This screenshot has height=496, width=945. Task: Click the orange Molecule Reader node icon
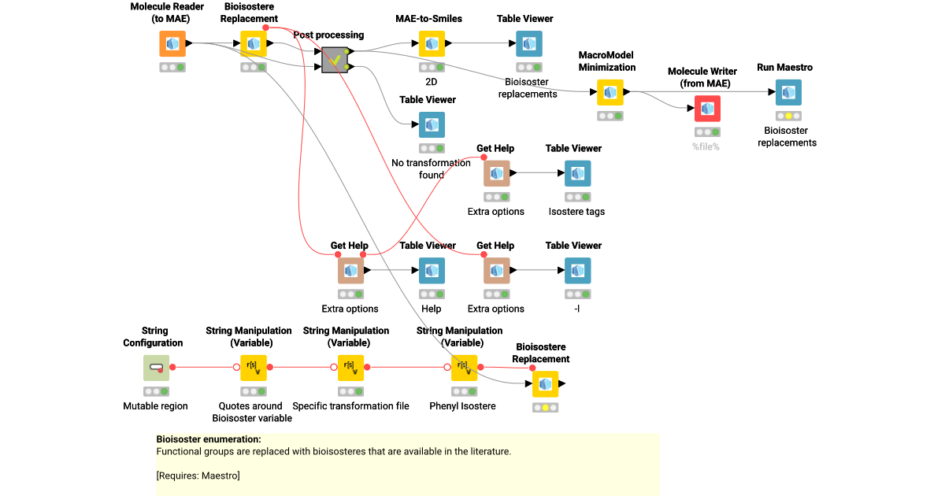(x=172, y=44)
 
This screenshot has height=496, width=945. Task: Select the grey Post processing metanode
(x=335, y=59)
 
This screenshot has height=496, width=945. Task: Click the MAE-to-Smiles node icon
(x=432, y=44)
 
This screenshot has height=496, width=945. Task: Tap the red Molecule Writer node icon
(x=707, y=109)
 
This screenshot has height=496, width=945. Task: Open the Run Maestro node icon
(x=788, y=93)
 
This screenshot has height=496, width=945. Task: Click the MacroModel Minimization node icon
(x=610, y=93)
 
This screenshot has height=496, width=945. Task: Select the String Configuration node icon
(x=156, y=368)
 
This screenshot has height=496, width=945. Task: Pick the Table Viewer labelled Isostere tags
(x=577, y=174)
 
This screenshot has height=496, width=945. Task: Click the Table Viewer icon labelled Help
(x=432, y=271)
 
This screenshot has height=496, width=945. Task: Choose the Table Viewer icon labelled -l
(x=577, y=271)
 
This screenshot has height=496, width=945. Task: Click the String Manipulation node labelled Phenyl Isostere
(x=464, y=368)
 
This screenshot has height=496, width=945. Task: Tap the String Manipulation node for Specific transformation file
(x=350, y=368)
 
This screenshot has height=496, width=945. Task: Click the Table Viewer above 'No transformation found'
(x=432, y=125)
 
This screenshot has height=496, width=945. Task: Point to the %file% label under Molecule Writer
(x=707, y=146)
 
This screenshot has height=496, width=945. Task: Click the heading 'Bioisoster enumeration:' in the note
(x=209, y=439)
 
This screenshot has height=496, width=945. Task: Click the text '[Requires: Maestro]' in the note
(x=198, y=476)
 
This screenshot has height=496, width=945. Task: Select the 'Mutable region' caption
(x=155, y=406)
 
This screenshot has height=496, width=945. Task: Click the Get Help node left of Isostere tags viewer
(x=496, y=174)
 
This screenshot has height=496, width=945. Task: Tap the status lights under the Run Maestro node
(x=788, y=116)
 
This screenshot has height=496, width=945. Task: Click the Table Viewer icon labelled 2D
(x=529, y=44)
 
